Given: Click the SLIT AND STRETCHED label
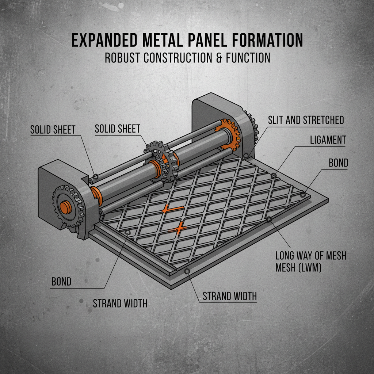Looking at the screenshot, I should coord(306,120).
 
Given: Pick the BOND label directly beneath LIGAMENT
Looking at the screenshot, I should coord(338,163).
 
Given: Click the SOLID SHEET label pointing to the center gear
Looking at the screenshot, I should coord(117,129).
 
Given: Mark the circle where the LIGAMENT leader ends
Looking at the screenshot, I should coord(274,176).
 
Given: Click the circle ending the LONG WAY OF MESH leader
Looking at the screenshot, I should coord(269,219).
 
